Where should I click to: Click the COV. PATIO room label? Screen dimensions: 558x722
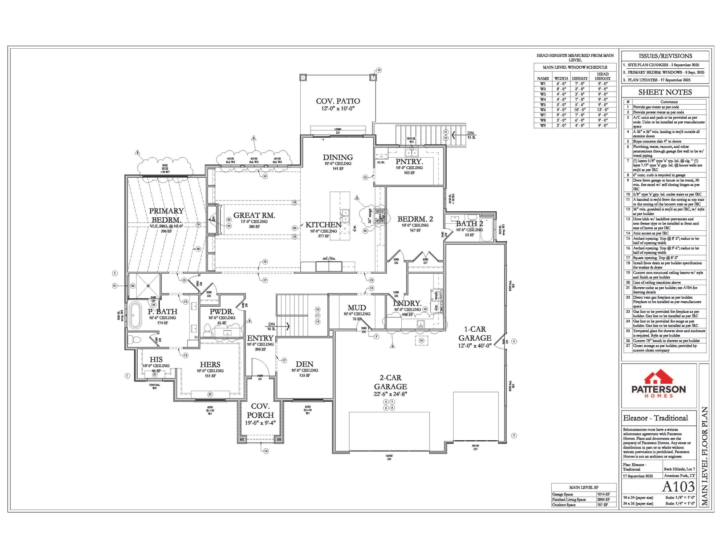click(x=338, y=101)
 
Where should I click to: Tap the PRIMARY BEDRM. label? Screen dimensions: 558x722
click(x=166, y=215)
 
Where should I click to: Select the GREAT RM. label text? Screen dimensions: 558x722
click(x=254, y=215)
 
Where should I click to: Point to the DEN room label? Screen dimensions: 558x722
click(x=304, y=364)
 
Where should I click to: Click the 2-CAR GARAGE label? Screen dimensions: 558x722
click(x=390, y=382)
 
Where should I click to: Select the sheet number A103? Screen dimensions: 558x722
click(x=678, y=486)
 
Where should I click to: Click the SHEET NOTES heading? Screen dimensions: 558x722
click(x=665, y=92)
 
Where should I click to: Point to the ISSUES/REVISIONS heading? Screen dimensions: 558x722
click(x=665, y=56)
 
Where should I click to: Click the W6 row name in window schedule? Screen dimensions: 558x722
click(x=543, y=110)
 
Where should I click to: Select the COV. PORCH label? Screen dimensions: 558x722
click(x=260, y=411)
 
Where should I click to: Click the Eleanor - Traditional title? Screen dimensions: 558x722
click(x=655, y=418)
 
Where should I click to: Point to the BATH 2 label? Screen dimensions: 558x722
click(x=469, y=223)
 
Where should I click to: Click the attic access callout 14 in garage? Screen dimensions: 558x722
click(x=421, y=340)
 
